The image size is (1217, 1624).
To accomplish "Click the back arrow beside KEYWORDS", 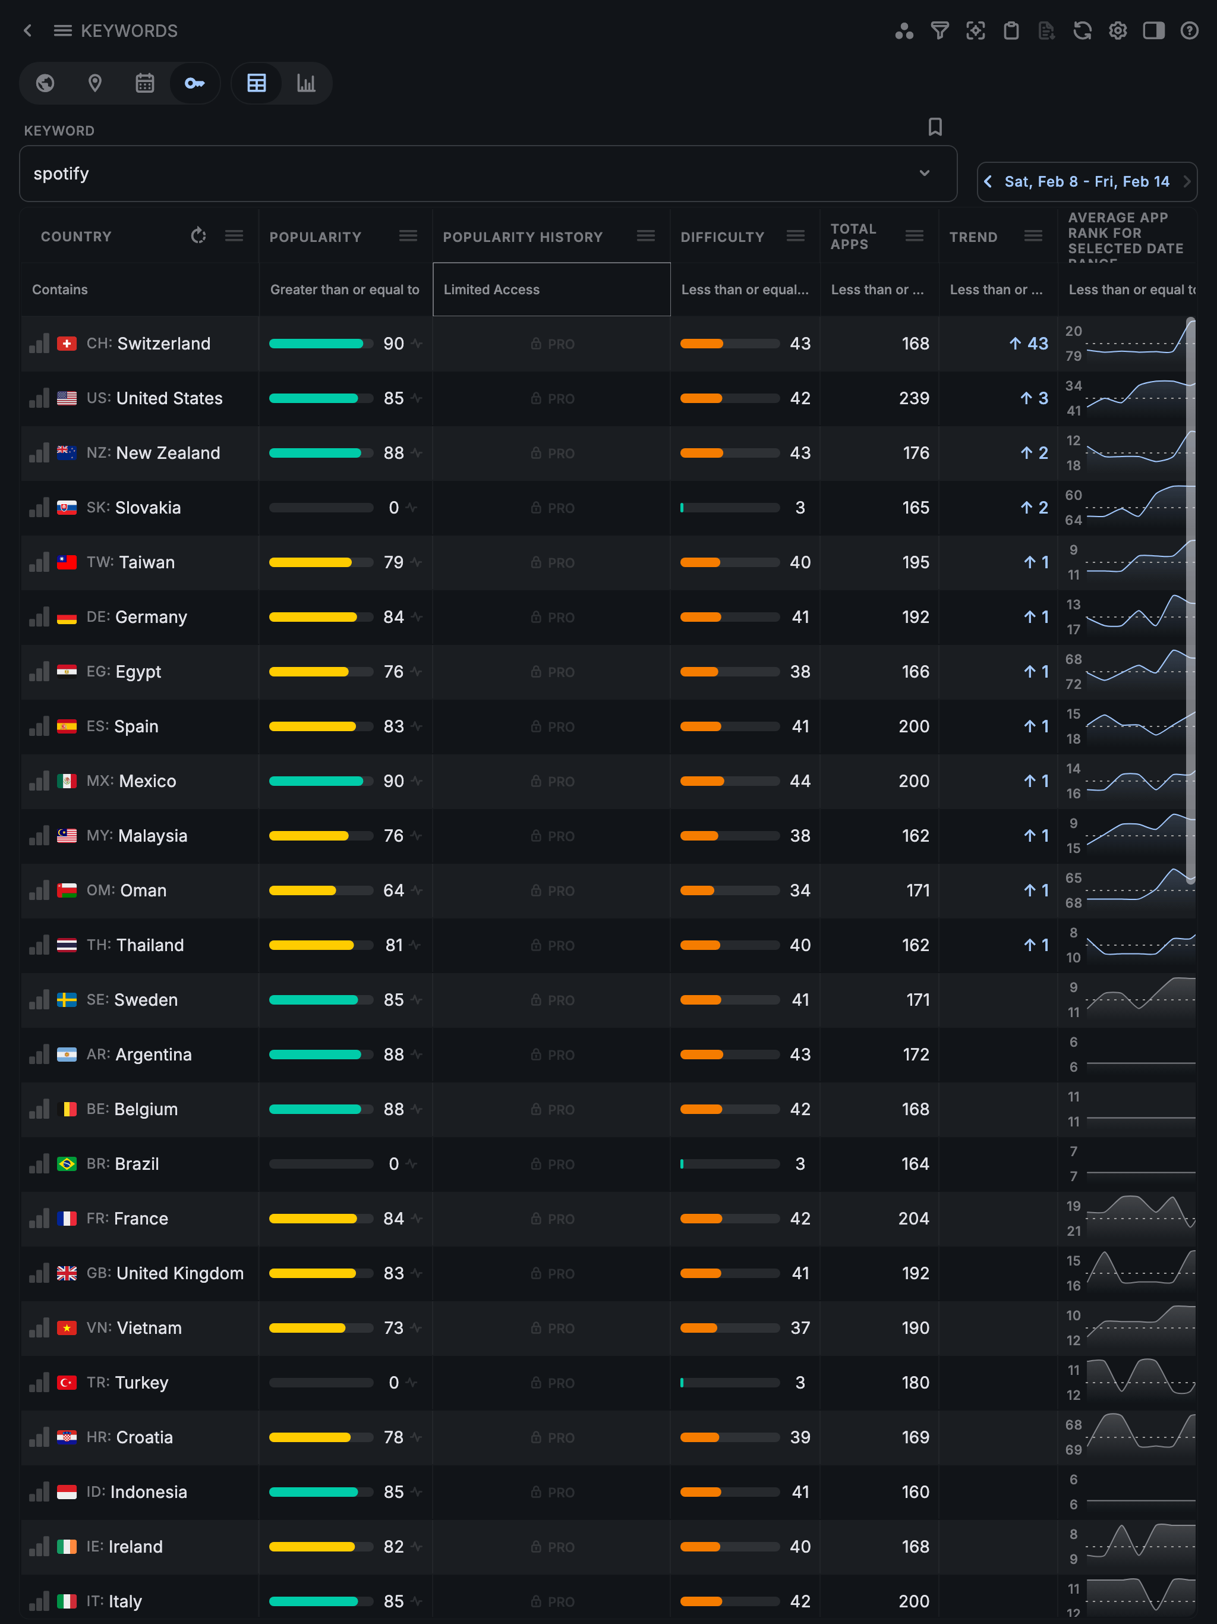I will pyautogui.click(x=28, y=31).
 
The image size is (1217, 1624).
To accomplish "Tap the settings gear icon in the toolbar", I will pyautogui.click(x=1117, y=31).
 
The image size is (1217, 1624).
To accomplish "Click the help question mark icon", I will pyautogui.click(x=1189, y=31).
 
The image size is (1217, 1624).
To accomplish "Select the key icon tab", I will pyautogui.click(x=194, y=84).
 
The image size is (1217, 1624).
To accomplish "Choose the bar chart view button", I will pyautogui.click(x=306, y=84).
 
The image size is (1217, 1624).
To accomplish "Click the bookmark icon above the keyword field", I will pyautogui.click(x=934, y=127).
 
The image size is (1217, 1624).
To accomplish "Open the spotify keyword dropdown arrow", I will pyautogui.click(x=924, y=173).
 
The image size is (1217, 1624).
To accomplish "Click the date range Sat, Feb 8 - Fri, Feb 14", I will pyautogui.click(x=1086, y=182).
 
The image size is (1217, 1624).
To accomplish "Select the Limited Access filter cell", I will pyautogui.click(x=551, y=290).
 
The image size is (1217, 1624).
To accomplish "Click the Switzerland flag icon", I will pyautogui.click(x=67, y=344).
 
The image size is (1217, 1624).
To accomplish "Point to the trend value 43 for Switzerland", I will pyautogui.click(x=1036, y=344).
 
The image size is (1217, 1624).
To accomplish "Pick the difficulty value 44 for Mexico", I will pyautogui.click(x=799, y=781).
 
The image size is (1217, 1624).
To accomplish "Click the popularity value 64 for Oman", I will pyautogui.click(x=393, y=890).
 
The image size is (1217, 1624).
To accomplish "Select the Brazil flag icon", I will pyautogui.click(x=67, y=1165).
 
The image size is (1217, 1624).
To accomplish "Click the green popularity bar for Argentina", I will pyautogui.click(x=315, y=1055).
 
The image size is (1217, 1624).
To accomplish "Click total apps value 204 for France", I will pyautogui.click(x=913, y=1219).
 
